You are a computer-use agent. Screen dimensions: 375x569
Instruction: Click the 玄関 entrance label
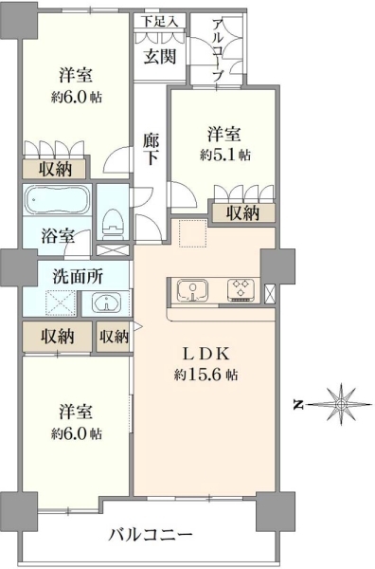coord(160,57)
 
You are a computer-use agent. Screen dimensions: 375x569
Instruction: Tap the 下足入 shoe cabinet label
coord(159,22)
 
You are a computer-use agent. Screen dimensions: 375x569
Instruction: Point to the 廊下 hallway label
coord(151,150)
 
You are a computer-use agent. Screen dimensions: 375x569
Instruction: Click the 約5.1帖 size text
coord(225,156)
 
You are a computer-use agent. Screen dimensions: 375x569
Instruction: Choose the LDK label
coord(206,354)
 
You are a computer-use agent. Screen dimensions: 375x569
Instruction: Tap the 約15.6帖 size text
coord(205,375)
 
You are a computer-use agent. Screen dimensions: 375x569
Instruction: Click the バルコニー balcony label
coord(151,535)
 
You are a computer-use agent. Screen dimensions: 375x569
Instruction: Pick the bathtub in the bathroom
coord(57,200)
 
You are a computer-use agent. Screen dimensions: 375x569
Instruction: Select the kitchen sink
coord(192,291)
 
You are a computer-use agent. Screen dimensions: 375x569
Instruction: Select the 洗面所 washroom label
coord(79,277)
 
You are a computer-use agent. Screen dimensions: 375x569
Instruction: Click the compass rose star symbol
coord(341,404)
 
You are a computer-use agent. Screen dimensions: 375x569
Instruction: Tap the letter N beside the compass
coord(298,405)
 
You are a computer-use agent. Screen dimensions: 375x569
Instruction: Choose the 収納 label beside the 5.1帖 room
coord(243,213)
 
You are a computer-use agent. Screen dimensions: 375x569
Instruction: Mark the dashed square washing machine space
coord(61,303)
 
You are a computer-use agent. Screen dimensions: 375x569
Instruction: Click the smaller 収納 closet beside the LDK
coord(114,337)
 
